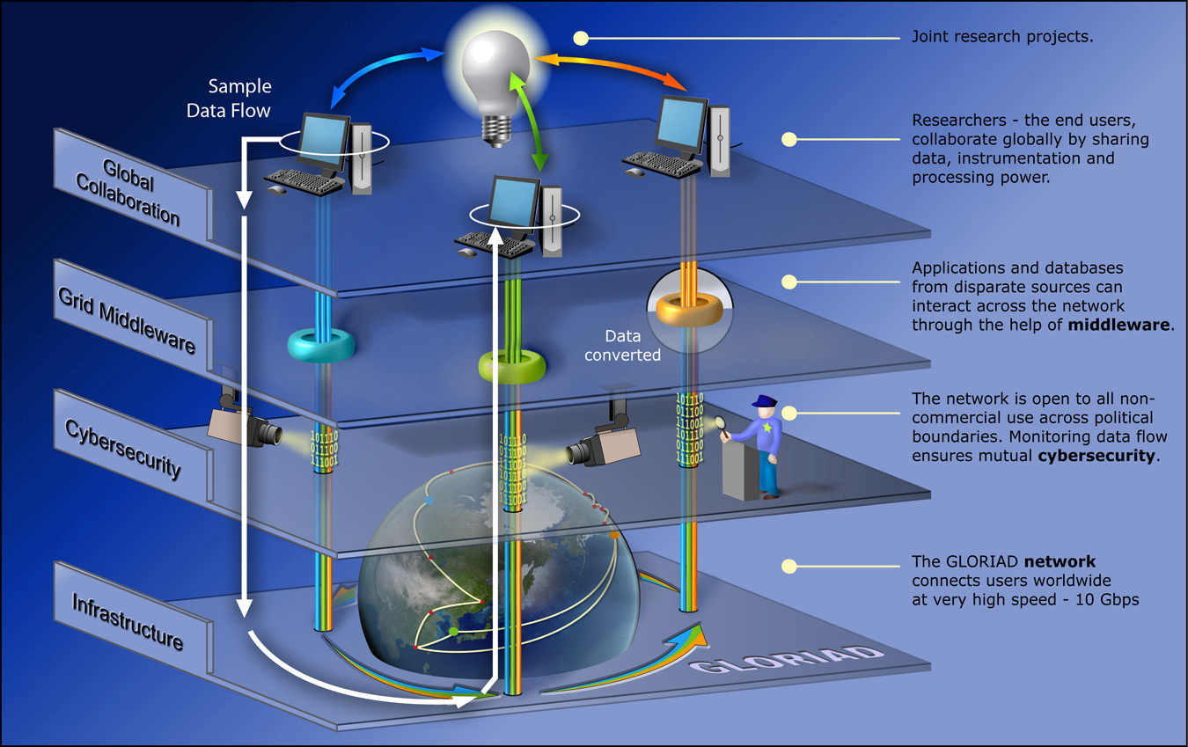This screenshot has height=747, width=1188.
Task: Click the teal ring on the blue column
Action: (321, 345)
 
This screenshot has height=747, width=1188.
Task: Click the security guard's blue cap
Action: (763, 402)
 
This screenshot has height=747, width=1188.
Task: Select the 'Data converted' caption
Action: (632, 346)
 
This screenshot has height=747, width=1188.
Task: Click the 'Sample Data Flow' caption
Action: (239, 98)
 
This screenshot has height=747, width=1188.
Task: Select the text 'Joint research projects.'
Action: (1002, 38)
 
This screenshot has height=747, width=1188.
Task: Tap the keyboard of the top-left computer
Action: (304, 180)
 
